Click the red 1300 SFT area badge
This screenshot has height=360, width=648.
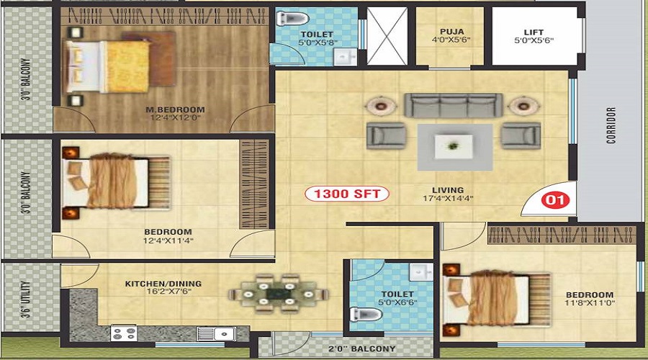click(x=347, y=194)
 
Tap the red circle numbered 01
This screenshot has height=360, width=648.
click(x=555, y=200)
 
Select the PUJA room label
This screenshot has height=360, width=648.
click(x=451, y=32)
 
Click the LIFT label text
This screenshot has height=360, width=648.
click(x=534, y=32)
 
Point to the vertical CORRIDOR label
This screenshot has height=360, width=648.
click(x=611, y=125)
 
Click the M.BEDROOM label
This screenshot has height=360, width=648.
click(x=175, y=110)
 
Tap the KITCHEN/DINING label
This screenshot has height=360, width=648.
click(x=163, y=284)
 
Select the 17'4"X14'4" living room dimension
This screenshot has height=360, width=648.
click(x=448, y=199)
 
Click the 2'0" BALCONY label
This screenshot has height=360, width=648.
click(x=361, y=349)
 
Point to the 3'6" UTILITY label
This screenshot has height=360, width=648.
click(x=26, y=300)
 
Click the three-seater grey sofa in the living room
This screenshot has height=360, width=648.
click(x=454, y=105)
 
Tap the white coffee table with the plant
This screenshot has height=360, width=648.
click(x=454, y=146)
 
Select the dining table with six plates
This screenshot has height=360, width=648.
click(x=278, y=294)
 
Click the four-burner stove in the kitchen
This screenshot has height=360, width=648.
click(x=124, y=333)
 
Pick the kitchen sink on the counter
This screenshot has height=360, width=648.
click(x=217, y=333)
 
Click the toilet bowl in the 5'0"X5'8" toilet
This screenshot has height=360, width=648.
click(x=292, y=18)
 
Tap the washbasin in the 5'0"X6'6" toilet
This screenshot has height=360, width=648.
click(x=421, y=272)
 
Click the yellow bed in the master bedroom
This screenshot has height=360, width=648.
click(x=107, y=66)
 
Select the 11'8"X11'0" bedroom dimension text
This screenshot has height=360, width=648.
click(x=590, y=303)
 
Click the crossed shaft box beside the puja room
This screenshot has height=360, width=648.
click(x=387, y=36)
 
